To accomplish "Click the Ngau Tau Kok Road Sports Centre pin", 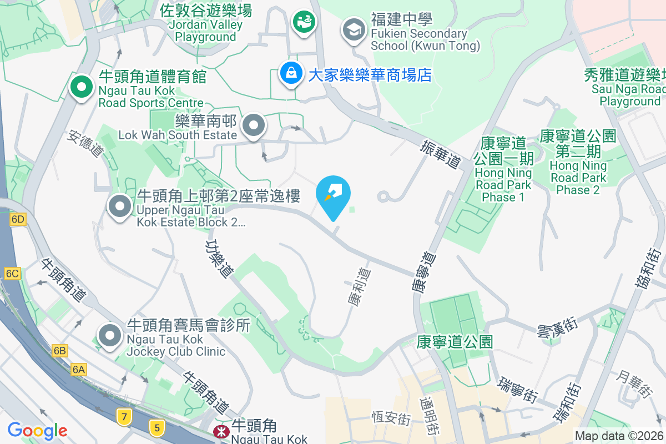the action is point(81,88).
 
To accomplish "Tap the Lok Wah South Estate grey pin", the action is point(254,125).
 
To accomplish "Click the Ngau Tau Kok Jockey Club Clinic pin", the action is point(110,335).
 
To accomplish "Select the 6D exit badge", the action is point(18,219).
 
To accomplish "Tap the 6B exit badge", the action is point(60,350).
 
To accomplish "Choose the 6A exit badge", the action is point(79,369).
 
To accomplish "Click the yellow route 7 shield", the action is point(123,416).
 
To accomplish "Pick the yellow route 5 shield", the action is point(158,426).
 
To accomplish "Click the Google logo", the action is point(37,430).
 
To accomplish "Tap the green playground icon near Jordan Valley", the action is point(304,23).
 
